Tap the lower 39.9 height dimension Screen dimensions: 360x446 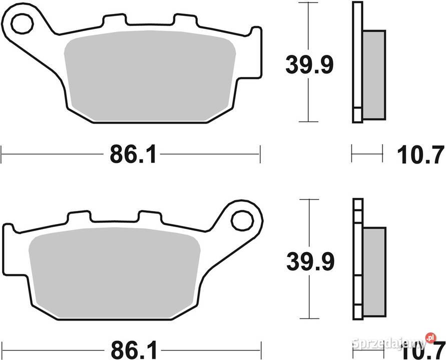tap(309, 261)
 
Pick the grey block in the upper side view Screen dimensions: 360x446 tap(373, 75)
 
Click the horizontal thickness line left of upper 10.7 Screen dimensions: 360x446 tap(367, 153)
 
